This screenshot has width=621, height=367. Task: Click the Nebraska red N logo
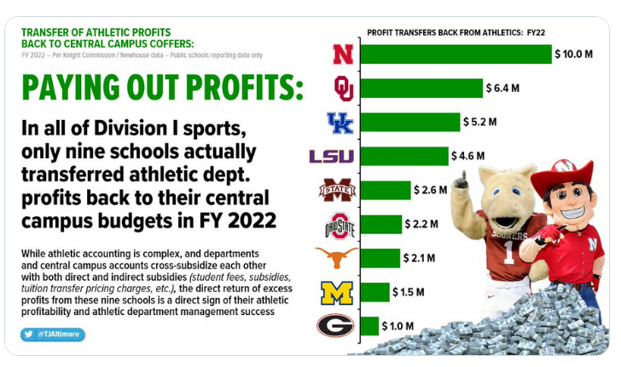[343, 54]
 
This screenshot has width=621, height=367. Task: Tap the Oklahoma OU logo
[343, 88]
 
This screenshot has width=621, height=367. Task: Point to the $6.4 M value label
[502, 88]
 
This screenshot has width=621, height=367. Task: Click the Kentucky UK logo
[341, 123]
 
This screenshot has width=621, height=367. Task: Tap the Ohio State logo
[339, 225]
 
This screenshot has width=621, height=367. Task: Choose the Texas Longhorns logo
[336, 257]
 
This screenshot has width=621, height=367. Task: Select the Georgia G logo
[335, 326]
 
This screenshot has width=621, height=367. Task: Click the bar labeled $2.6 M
[384, 190]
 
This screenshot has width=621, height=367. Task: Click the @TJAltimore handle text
[60, 335]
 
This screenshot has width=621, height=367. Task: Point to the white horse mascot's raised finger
[461, 177]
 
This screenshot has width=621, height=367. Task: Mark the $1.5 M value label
[409, 292]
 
